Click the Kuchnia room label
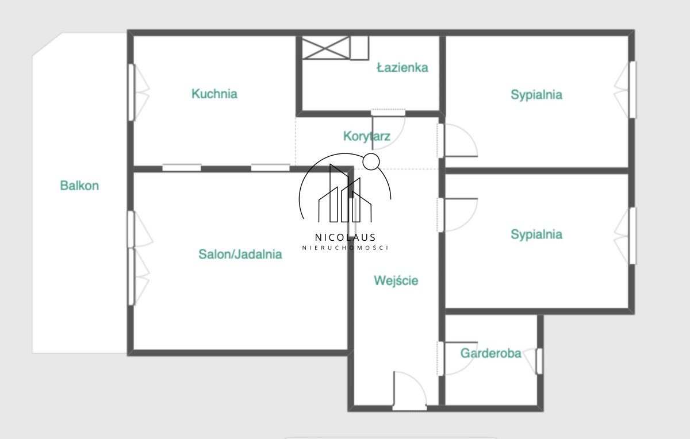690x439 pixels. (x=214, y=94)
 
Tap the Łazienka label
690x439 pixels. (x=402, y=67)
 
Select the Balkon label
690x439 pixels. (x=79, y=186)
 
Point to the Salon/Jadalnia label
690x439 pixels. (x=240, y=255)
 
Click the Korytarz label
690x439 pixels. (x=367, y=136)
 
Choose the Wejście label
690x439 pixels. (x=396, y=280)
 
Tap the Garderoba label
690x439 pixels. (x=490, y=353)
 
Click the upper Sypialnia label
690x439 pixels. (x=536, y=94)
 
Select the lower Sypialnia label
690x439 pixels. (x=536, y=234)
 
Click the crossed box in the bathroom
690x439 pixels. (x=326, y=48)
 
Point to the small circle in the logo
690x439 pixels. (x=371, y=161)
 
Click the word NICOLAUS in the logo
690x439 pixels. (x=345, y=237)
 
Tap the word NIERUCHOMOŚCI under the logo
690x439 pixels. (x=345, y=248)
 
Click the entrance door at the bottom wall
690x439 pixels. (x=409, y=391)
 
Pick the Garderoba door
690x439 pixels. (x=458, y=359)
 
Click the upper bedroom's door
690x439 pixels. (x=458, y=140)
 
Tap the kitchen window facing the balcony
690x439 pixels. (x=139, y=93)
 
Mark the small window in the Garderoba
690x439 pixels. (x=534, y=361)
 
